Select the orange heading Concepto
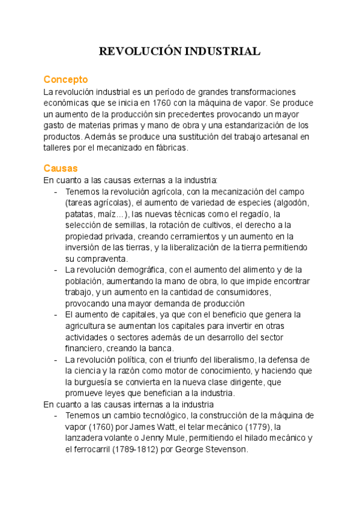66,79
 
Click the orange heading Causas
61,168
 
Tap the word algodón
292,202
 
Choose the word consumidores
240,292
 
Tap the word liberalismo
230,360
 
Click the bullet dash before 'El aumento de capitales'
56,315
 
